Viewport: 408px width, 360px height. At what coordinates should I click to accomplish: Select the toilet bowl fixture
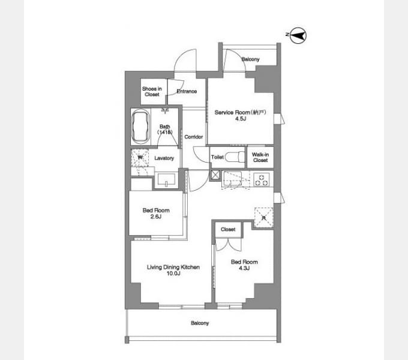pos(236,157)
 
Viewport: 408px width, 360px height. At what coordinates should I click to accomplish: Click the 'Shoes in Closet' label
pos(151,91)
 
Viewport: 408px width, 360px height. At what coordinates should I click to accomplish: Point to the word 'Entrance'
pos(187,91)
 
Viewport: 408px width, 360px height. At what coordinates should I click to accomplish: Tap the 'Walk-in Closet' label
pos(260,157)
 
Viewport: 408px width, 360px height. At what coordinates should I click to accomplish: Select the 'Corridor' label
pos(193,137)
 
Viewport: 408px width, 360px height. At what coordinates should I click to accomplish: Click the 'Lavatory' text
pos(164,158)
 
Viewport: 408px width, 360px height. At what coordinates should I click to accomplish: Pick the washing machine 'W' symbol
pos(140,158)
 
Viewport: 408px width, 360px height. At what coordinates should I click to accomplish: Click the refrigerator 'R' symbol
pos(263,216)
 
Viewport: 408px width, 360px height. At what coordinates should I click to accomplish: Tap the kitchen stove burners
pos(263,178)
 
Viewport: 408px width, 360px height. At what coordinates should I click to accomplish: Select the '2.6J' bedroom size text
pos(156,217)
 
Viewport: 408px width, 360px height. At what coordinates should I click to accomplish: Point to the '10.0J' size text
pos(173,274)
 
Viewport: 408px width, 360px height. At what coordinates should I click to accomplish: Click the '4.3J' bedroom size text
pos(244,268)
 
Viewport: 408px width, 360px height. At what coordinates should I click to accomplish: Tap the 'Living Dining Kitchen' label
pos(173,267)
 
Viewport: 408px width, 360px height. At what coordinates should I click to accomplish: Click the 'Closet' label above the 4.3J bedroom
pos(228,230)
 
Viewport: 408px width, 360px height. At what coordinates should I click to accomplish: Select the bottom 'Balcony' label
pos(200,323)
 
